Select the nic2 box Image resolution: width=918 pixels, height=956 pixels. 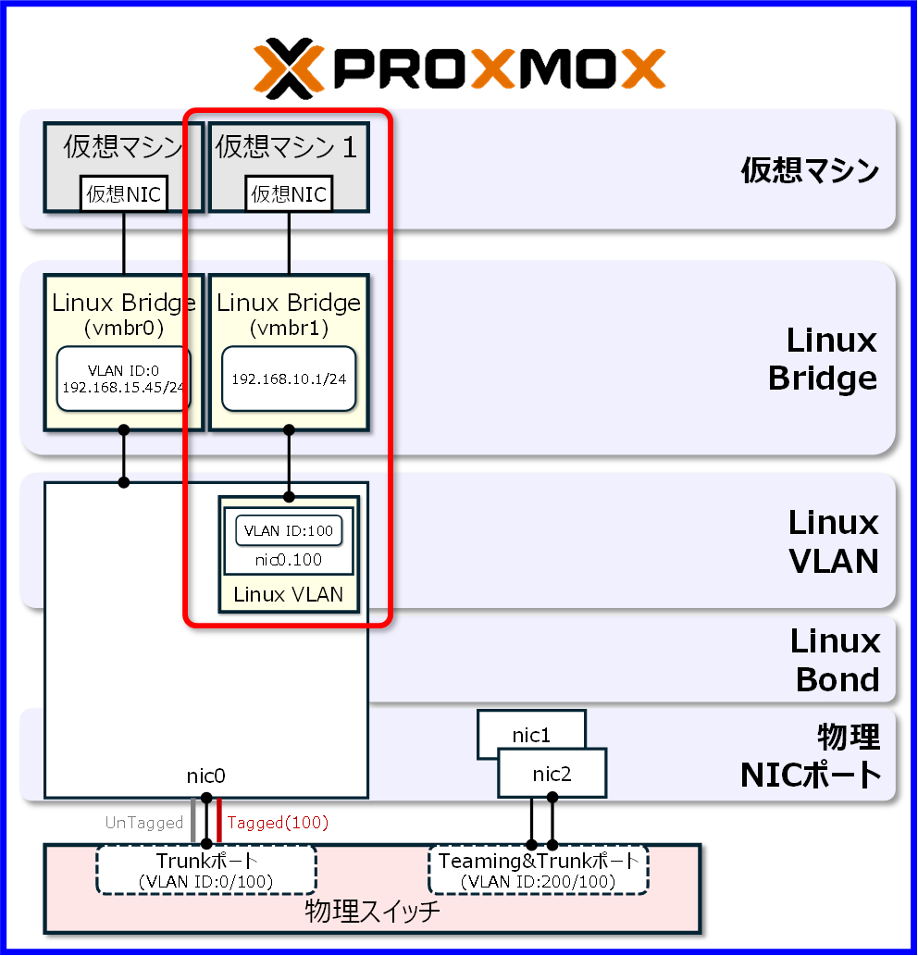click(552, 774)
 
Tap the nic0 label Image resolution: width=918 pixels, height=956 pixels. click(206, 776)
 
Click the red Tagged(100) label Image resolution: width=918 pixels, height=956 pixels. click(278, 822)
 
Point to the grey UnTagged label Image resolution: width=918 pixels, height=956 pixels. click(144, 822)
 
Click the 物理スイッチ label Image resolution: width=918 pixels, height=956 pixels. click(372, 913)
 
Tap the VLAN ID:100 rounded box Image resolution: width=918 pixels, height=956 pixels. click(289, 530)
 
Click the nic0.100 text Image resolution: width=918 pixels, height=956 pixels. click(289, 560)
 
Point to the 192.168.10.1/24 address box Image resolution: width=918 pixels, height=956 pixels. click(289, 379)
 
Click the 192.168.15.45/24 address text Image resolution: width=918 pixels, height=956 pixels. click(124, 387)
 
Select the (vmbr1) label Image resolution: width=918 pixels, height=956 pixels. click(289, 328)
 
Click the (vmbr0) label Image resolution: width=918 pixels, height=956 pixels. click(124, 328)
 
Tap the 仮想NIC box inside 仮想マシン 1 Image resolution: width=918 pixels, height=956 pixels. click(289, 193)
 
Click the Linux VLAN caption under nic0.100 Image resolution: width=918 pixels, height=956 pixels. click(289, 594)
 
